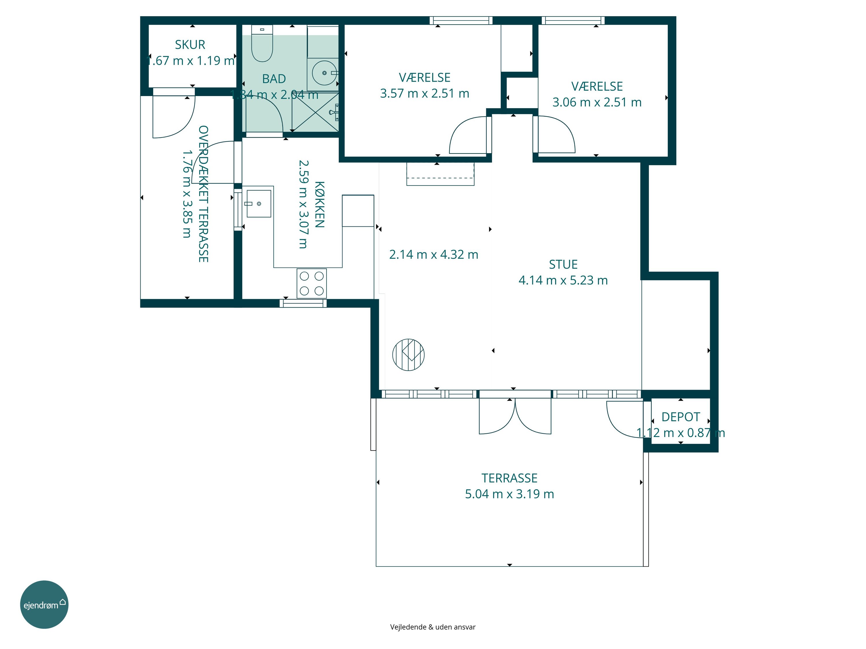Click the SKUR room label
pyautogui.click(x=190, y=45)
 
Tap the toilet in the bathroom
pyautogui.click(x=262, y=44)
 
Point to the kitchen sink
pyautogui.click(x=259, y=203)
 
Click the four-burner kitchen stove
pyautogui.click(x=312, y=283)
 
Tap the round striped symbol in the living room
pyautogui.click(x=408, y=355)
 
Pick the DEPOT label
pyautogui.click(x=680, y=417)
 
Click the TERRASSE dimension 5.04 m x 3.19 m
pyautogui.click(x=509, y=494)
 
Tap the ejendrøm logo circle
pyautogui.click(x=44, y=604)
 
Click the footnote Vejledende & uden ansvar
pyautogui.click(x=433, y=627)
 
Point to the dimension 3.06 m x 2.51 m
pyautogui.click(x=597, y=102)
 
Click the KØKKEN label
pyautogui.click(x=320, y=204)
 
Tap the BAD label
pyautogui.click(x=274, y=79)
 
